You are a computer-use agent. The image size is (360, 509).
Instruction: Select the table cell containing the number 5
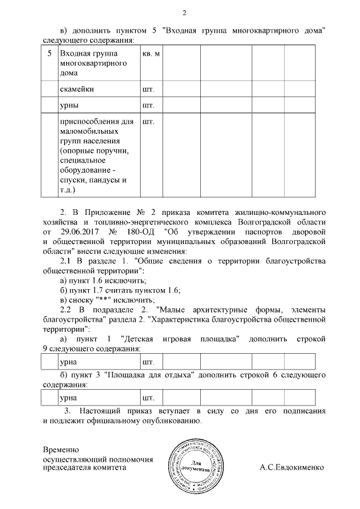pyautogui.click(x=49, y=53)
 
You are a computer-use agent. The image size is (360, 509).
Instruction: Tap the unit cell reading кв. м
pyautogui.click(x=151, y=53)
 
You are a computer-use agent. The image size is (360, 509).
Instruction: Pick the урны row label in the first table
pyautogui.click(x=69, y=105)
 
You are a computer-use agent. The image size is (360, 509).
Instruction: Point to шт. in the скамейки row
pyautogui.click(x=148, y=89)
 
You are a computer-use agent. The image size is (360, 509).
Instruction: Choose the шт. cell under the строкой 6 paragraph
pyautogui.click(x=148, y=398)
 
